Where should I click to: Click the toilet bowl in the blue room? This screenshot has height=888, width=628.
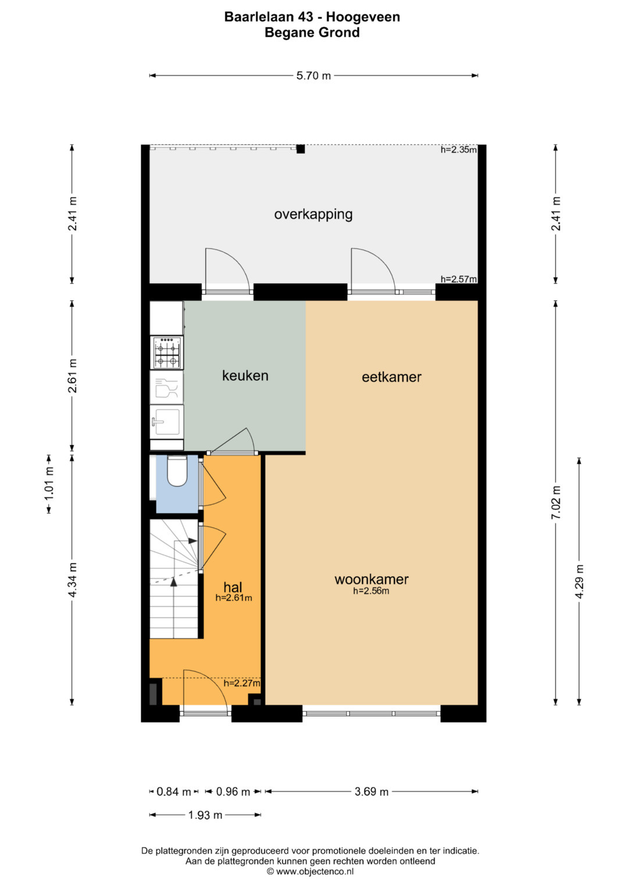click(x=177, y=471)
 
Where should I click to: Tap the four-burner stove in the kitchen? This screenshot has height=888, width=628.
click(x=166, y=352)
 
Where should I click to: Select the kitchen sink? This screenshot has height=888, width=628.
click(x=166, y=421)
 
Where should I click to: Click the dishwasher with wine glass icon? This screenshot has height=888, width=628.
click(x=166, y=387)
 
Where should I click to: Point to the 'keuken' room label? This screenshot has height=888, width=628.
click(x=245, y=376)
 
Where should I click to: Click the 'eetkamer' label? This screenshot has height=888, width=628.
click(x=391, y=377)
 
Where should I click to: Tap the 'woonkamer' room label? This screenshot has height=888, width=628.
click(x=372, y=579)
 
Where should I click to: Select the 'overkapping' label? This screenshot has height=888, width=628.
click(x=313, y=215)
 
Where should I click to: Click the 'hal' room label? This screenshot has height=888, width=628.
click(x=233, y=587)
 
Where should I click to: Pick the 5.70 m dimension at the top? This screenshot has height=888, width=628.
click(x=313, y=76)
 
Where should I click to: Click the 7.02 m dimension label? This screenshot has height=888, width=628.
click(x=556, y=502)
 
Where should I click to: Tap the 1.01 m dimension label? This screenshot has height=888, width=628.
click(x=49, y=484)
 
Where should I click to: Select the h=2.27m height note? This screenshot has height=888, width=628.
click(x=242, y=683)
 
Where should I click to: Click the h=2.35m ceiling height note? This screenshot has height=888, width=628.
click(x=459, y=149)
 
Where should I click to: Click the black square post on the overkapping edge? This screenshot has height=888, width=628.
click(x=301, y=149)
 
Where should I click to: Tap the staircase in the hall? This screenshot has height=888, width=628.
click(x=174, y=579)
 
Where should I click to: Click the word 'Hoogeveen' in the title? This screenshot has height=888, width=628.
click(x=363, y=17)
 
